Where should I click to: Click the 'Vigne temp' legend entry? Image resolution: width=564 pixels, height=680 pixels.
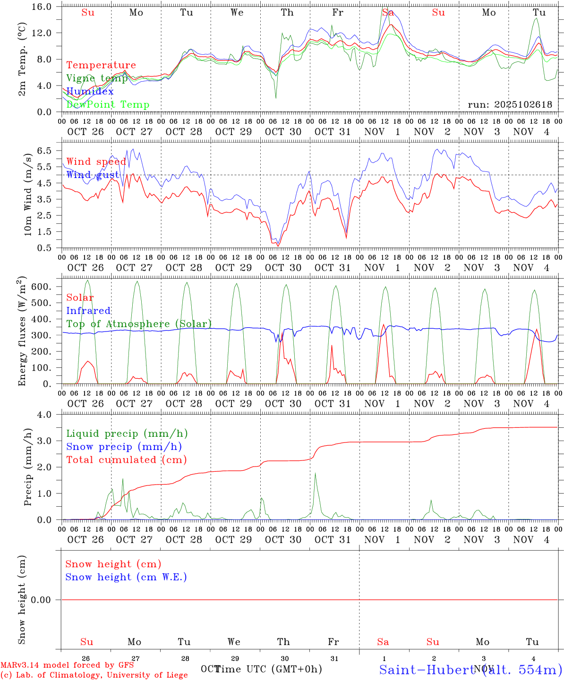[96, 78]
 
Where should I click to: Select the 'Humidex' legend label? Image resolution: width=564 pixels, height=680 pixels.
[90, 92]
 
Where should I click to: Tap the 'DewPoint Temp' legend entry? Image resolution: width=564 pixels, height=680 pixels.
[108, 105]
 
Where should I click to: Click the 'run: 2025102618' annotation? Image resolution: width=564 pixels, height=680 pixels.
[510, 105]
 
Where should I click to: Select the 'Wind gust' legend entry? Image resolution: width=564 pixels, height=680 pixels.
[93, 175]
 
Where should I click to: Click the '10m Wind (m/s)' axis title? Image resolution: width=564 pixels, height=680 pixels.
[28, 196]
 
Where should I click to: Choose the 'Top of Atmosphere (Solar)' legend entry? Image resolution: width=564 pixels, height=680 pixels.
[139, 324]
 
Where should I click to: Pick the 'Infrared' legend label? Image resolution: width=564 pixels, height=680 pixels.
[88, 311]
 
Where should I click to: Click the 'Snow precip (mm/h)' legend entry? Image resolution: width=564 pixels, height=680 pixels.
[124, 447]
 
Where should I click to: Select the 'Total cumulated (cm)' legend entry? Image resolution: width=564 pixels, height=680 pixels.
[126, 460]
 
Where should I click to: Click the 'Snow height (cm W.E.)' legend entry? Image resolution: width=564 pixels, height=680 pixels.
[126, 577]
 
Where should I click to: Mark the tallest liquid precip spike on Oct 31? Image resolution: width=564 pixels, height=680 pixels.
[315, 474]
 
